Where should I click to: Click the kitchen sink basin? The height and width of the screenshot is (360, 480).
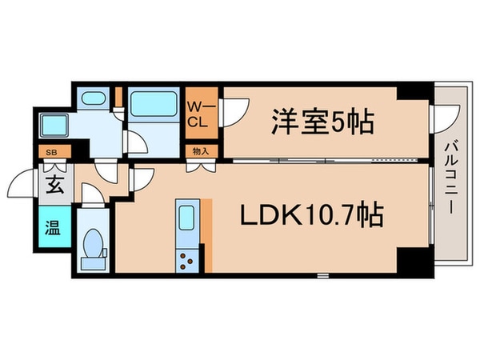[185, 217]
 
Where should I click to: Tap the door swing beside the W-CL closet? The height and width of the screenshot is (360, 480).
[234, 112]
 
